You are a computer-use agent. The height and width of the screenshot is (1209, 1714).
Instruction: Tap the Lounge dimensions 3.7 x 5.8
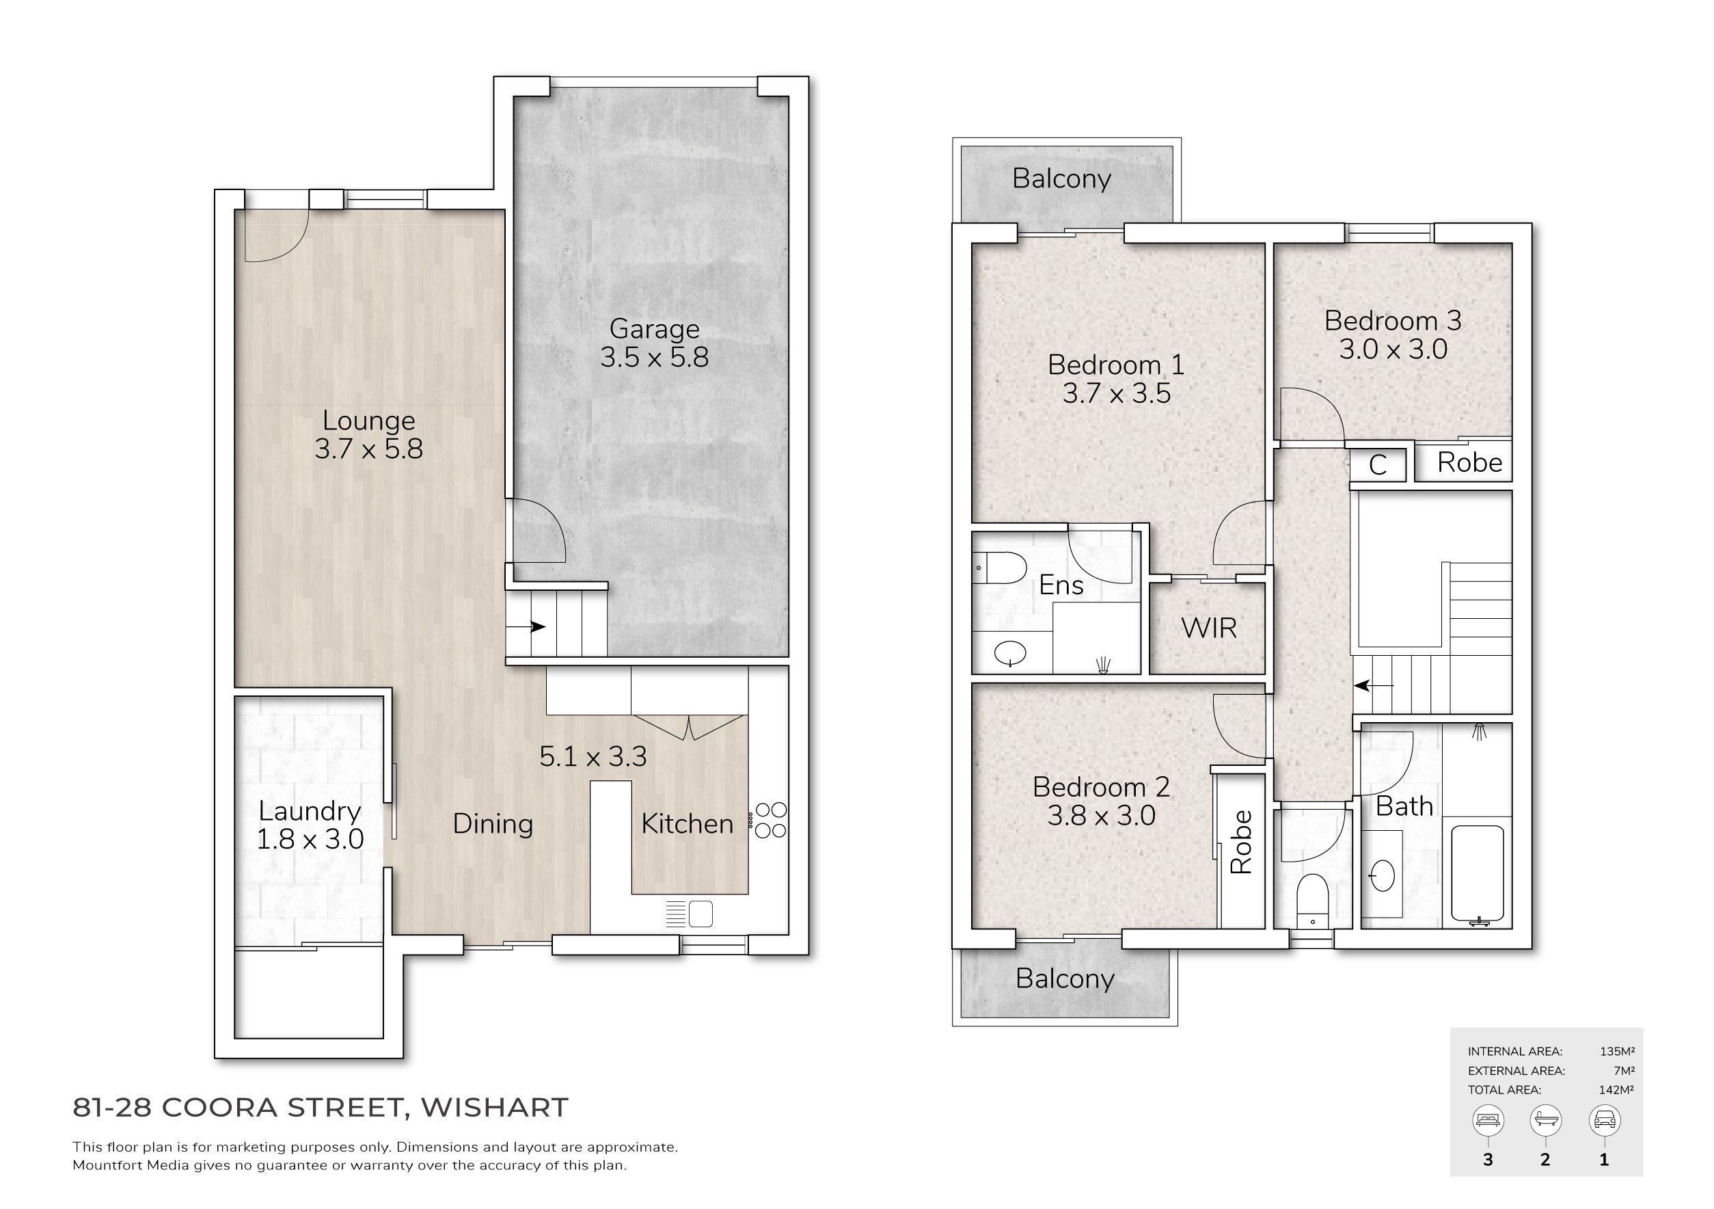[x=369, y=449]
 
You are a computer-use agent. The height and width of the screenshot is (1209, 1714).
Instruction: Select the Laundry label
[x=310, y=812]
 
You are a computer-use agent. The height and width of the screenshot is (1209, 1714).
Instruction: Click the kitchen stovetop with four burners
[x=771, y=819]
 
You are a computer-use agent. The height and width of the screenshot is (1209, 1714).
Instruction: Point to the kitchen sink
[x=700, y=914]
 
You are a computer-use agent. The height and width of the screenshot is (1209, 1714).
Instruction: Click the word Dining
[x=493, y=825]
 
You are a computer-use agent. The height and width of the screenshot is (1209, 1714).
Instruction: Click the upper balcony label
[x=1061, y=179]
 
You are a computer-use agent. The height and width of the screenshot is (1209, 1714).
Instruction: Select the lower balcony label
[x=1065, y=979]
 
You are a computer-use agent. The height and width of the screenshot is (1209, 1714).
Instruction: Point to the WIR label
[x=1208, y=628]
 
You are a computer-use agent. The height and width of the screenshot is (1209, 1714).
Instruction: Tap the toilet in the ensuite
[x=1000, y=568]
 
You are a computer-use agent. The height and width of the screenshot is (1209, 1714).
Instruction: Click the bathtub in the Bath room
[x=1478, y=875]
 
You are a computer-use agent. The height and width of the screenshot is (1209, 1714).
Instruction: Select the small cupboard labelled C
[x=1378, y=464]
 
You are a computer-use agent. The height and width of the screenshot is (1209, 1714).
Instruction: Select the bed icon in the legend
[x=1488, y=1119]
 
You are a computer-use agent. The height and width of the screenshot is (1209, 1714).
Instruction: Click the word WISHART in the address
[x=495, y=1107]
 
